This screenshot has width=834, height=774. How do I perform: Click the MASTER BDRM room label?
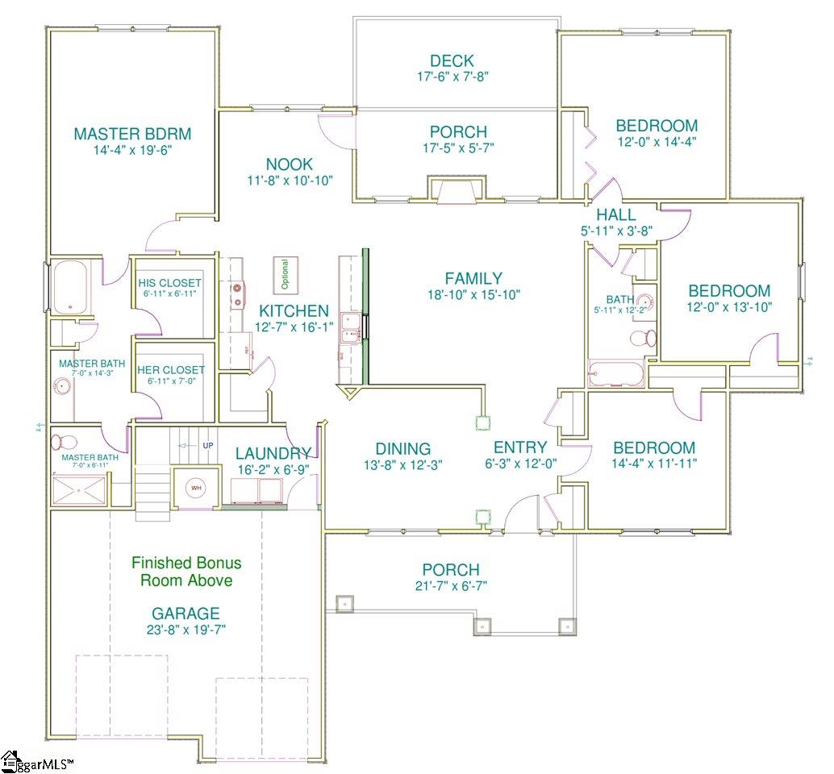(132, 134)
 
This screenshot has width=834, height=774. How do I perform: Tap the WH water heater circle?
(195, 488)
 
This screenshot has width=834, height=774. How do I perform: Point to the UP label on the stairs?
(208, 445)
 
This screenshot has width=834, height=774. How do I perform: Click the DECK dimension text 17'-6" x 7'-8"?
(452, 77)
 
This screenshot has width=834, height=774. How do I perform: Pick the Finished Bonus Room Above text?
(186, 571)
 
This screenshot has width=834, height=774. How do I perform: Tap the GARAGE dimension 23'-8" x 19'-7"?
(186, 630)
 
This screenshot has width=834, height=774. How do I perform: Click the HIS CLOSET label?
(169, 283)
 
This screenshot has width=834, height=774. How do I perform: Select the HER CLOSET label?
(170, 370)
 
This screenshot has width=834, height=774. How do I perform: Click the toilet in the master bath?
(64, 443)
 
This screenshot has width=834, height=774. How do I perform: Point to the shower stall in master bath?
(78, 489)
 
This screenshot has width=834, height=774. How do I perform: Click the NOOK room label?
(290, 164)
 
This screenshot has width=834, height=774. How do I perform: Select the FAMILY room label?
(475, 278)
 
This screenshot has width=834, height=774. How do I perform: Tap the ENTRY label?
(520, 447)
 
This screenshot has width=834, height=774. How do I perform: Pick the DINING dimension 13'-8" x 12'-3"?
(402, 465)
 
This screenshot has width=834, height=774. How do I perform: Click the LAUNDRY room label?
(273, 454)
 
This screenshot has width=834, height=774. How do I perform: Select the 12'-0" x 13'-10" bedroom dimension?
(728, 306)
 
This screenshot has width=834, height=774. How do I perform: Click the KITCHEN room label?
(294, 310)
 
